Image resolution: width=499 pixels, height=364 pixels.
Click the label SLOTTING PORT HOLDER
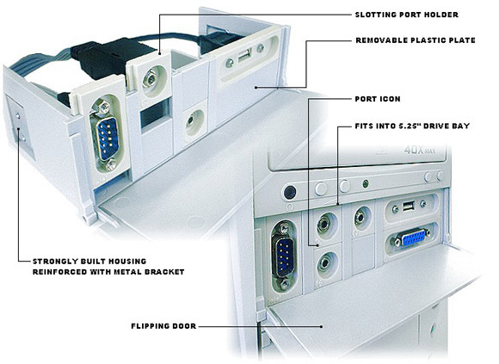406,15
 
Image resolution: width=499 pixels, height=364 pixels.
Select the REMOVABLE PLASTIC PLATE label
415,40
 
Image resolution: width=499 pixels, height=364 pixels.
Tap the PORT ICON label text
378,99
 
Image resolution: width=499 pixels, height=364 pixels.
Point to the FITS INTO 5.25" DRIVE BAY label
412,126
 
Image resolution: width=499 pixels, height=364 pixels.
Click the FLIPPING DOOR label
163,326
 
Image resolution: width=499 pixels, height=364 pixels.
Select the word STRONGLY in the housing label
55,262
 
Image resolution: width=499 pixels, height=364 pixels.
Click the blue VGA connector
413,238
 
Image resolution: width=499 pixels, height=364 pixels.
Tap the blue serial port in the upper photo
107,139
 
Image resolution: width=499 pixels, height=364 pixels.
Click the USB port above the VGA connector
409,207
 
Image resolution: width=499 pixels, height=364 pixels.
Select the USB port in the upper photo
244,57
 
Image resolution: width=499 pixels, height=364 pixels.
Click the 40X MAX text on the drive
420,150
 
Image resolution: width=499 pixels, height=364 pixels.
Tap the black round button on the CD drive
289,192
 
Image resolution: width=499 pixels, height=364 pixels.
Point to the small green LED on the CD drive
366,183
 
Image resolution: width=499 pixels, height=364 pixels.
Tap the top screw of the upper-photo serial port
104,108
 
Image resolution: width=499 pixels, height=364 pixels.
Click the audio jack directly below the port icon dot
325,262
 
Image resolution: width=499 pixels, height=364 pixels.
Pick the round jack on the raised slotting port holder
149,79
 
